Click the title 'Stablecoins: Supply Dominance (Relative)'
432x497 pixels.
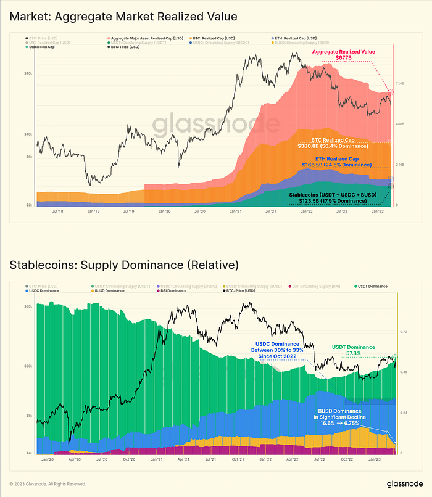[x=123, y=266]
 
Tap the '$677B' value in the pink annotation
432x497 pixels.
[x=344, y=57]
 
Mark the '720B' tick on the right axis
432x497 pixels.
[x=399, y=83]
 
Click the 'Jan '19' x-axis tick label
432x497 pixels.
[x=93, y=210]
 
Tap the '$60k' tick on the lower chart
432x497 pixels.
[x=28, y=306]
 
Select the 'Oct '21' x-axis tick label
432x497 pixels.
[x=238, y=458]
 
